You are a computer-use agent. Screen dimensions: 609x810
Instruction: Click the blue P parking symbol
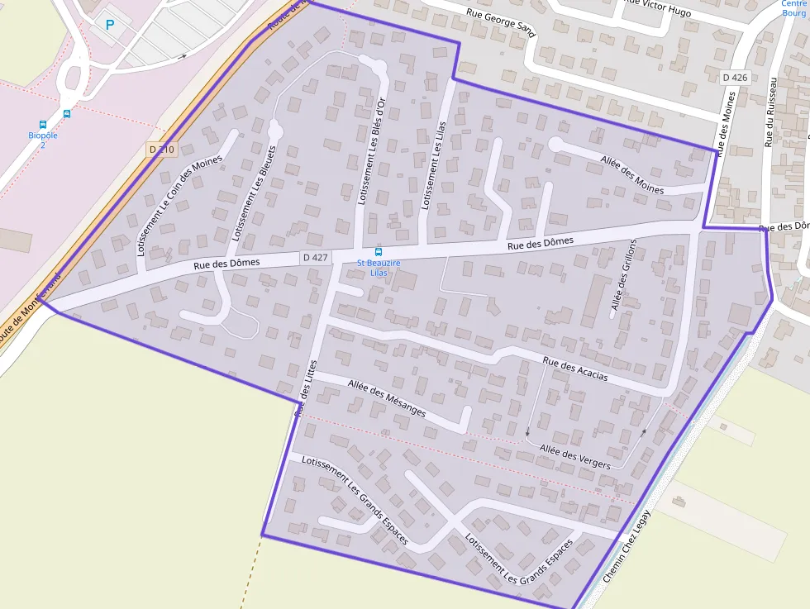pyautogui.click(x=110, y=25)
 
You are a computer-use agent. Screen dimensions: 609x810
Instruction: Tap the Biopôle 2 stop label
pyautogui.click(x=42, y=140)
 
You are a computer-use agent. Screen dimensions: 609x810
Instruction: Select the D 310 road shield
pyautogui.click(x=162, y=149)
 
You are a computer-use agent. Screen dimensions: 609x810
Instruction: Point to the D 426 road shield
pyautogui.click(x=734, y=78)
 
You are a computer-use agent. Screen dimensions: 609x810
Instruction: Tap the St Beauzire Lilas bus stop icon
pyautogui.click(x=379, y=251)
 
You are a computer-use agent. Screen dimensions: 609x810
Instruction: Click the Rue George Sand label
pyautogui.click(x=502, y=20)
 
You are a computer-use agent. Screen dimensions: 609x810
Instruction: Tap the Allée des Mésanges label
pyautogui.click(x=387, y=397)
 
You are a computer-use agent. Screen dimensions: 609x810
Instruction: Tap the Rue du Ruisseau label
pyautogui.click(x=770, y=112)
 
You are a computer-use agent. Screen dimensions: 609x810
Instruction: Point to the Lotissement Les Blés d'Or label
pyautogui.click(x=370, y=151)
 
